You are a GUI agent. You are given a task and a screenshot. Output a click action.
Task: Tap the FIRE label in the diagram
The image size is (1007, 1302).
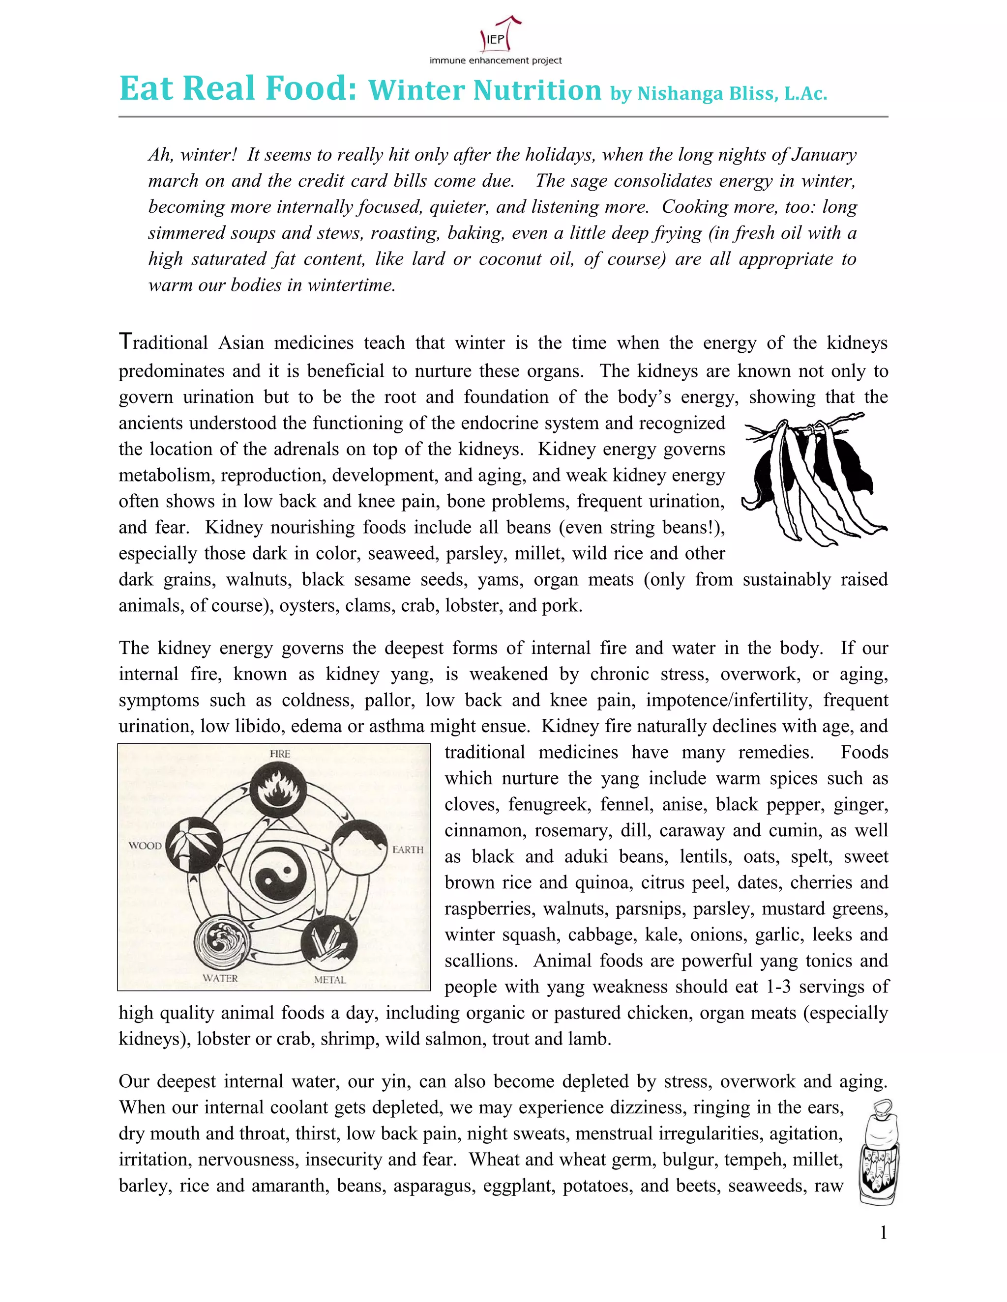tap(280, 754)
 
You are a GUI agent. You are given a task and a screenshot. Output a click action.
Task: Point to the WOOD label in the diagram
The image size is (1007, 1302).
tap(145, 846)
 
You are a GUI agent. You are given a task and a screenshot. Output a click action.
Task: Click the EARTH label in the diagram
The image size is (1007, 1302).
tap(408, 849)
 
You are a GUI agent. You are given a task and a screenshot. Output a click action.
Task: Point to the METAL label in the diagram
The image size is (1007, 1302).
tap(330, 980)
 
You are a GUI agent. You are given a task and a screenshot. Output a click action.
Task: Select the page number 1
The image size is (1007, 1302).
tap(884, 1232)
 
